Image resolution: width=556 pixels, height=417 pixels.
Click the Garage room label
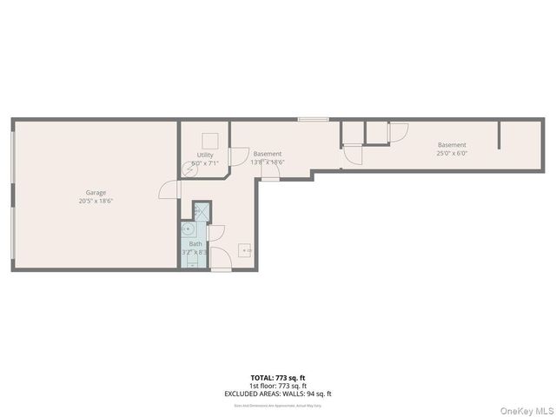point(96,192)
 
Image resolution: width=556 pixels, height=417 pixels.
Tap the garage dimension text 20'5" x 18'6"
point(96,201)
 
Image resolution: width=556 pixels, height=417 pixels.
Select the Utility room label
point(204,155)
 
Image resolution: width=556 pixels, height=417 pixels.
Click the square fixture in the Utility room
point(208,142)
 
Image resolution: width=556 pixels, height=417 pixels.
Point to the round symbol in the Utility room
point(195,171)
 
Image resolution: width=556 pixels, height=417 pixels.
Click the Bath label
point(195,244)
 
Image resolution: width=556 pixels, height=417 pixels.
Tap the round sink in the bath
point(189,229)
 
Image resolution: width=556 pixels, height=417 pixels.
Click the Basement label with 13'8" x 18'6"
point(268,154)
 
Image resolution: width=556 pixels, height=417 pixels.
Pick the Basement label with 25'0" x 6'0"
point(452,145)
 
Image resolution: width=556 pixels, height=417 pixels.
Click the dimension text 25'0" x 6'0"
point(452,153)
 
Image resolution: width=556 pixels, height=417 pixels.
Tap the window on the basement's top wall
point(313,119)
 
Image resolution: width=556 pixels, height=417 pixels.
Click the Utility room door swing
point(236,156)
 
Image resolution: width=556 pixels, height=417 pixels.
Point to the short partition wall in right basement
point(500,135)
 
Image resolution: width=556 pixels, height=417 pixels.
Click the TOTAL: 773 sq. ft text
point(278,376)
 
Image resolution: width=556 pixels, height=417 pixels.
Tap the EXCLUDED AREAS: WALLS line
point(278,394)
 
